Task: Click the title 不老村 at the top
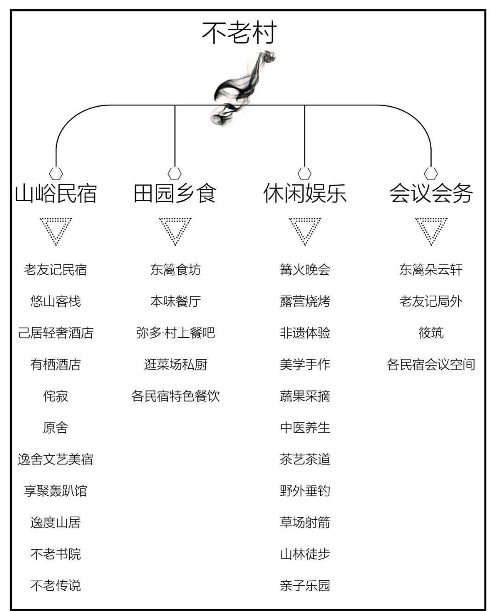click(239, 33)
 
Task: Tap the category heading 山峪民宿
click(56, 193)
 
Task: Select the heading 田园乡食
click(175, 193)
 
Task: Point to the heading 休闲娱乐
click(305, 193)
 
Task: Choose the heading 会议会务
click(431, 193)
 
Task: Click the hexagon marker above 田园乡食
click(175, 174)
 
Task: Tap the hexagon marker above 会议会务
click(431, 174)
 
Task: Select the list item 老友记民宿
click(55, 270)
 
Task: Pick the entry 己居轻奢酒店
click(56, 333)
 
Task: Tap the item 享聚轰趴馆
click(55, 491)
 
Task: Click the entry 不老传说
click(56, 585)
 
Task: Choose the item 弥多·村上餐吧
click(175, 333)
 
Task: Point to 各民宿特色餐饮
click(175, 396)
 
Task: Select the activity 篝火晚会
click(305, 270)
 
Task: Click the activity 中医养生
click(305, 427)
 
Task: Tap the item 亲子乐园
click(305, 585)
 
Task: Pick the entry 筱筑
click(431, 333)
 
